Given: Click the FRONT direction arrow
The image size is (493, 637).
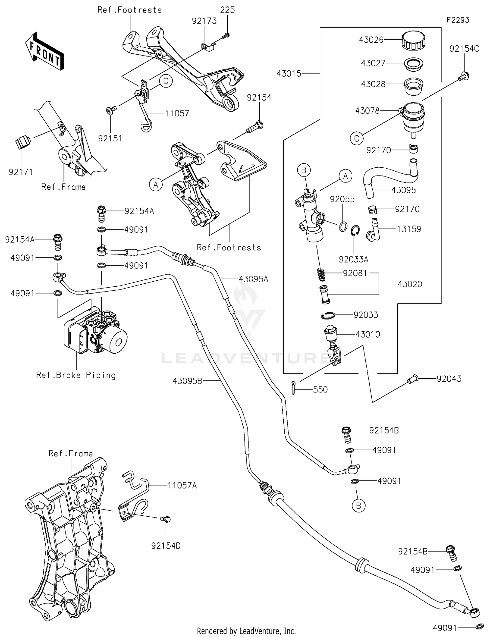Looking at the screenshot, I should click(45, 51).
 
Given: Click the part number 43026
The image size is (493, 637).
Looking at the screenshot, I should click(371, 40).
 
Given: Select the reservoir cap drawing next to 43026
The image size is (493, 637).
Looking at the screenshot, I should click(413, 40).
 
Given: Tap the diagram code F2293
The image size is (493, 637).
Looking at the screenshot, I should click(458, 20).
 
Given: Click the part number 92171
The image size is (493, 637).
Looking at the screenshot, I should click(20, 172).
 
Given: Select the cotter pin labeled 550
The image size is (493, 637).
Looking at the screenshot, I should click(293, 388).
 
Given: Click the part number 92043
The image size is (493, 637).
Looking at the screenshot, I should click(449, 379).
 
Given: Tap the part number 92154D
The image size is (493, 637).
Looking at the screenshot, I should click(166, 546).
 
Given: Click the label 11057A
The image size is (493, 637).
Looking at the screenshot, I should click(182, 485).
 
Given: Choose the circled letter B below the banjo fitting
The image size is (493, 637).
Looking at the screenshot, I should click(358, 506).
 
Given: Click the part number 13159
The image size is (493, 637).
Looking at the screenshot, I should click(409, 229).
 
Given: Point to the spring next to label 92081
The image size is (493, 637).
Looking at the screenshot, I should click(322, 275).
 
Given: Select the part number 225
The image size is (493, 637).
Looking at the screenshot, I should click(227, 10).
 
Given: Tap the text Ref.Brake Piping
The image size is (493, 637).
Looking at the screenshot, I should click(76, 375).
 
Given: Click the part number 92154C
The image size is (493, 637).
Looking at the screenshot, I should click(464, 49).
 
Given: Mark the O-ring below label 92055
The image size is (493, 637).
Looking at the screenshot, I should click(343, 226).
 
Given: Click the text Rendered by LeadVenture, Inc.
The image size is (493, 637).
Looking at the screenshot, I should click(246, 631).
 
